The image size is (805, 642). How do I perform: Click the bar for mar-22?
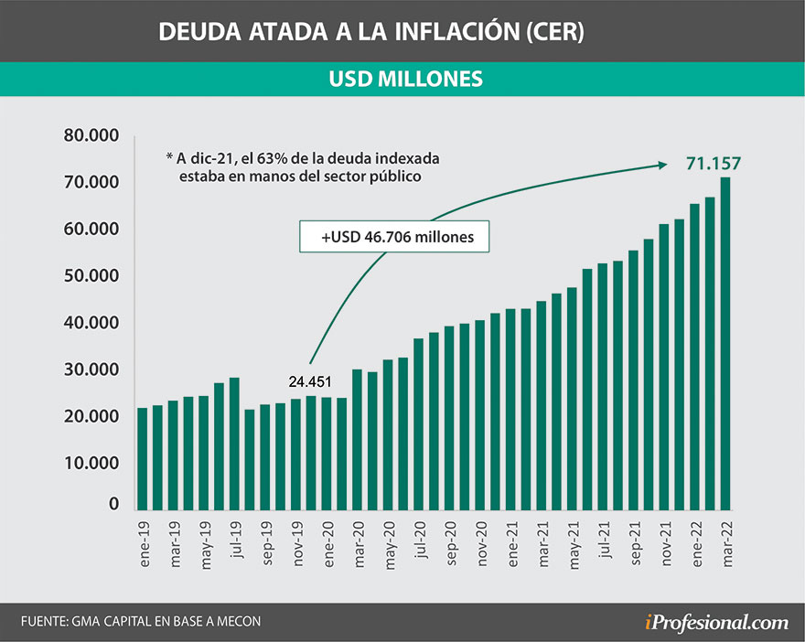tap(725, 343)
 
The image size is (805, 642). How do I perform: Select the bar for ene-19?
tap(143, 458)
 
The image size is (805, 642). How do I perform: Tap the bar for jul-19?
tap(235, 444)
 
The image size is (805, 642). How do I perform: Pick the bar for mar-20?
tap(358, 440)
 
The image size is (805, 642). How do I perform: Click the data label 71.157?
tap(713, 164)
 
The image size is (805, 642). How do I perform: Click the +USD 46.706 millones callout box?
tap(394, 236)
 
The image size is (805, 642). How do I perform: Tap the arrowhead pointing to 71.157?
tap(662, 165)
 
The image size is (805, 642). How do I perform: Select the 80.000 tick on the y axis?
tap(91, 136)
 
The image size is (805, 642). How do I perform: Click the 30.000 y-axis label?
tap(91, 369)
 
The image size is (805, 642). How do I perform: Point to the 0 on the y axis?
tap(114, 504)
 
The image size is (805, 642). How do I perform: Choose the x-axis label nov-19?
tap(296, 541)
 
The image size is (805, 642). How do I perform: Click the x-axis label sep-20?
tap(449, 541)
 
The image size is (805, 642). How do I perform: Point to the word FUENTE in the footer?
tap(44, 622)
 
